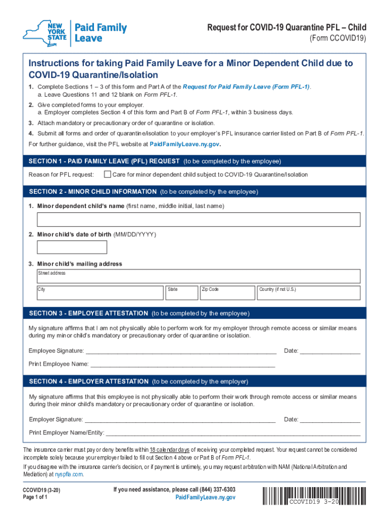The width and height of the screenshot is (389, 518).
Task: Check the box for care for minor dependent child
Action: point(107,175)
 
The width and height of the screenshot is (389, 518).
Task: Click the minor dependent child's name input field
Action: point(199,220)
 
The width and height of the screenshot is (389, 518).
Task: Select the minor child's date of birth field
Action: point(72,247)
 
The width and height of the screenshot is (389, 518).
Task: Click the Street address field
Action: point(199,276)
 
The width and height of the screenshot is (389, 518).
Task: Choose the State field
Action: point(181,292)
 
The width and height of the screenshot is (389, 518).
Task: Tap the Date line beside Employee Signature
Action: point(330,351)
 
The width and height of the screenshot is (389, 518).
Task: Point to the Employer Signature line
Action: point(180,419)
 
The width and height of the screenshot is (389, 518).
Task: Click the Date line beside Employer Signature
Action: point(330,419)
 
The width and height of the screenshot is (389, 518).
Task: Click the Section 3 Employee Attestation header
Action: point(139,313)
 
